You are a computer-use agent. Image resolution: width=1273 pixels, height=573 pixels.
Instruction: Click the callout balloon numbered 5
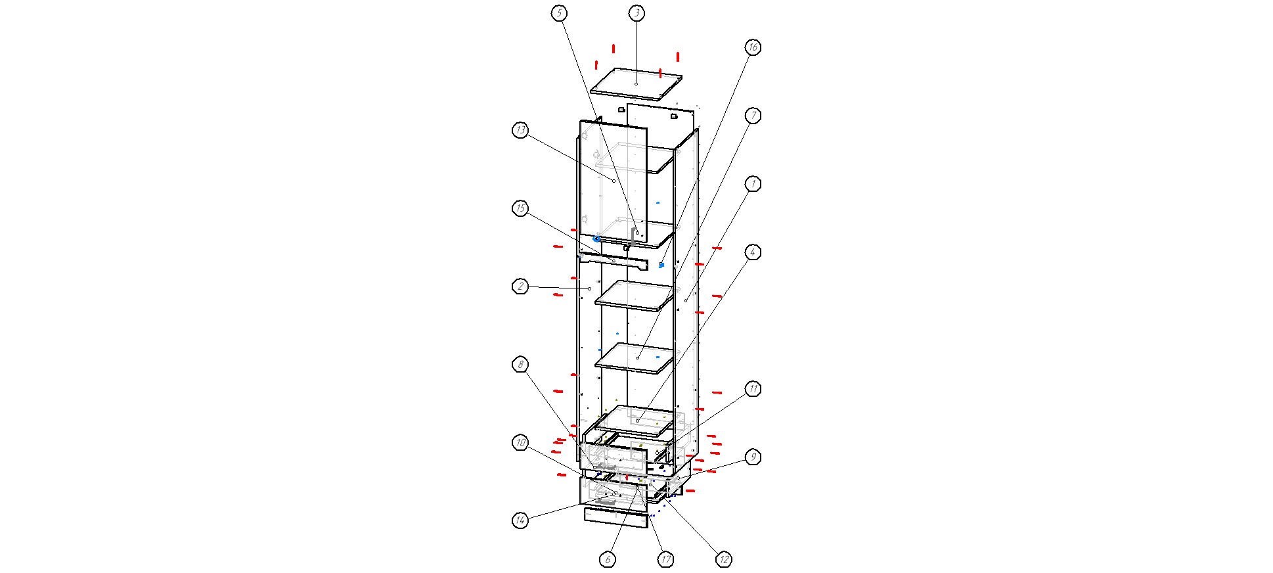click(559, 13)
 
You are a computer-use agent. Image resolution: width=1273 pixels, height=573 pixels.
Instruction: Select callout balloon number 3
click(636, 13)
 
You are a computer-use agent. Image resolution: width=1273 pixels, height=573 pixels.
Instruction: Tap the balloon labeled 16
click(753, 47)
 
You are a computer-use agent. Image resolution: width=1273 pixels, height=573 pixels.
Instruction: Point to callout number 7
click(753, 116)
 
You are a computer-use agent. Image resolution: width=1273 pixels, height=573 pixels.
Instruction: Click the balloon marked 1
click(753, 184)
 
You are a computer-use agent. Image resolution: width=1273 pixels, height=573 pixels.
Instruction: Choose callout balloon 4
click(753, 252)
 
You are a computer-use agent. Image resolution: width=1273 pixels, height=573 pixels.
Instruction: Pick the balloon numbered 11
click(753, 389)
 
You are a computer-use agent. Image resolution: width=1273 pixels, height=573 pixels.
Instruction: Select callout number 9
click(753, 457)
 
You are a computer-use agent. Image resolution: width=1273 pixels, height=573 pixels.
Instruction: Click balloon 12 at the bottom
click(723, 560)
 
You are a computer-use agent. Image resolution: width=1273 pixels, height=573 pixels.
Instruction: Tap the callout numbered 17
click(666, 560)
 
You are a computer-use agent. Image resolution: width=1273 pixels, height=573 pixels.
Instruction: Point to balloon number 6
click(608, 560)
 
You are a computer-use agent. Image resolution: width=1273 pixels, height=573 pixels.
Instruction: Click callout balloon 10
click(520, 444)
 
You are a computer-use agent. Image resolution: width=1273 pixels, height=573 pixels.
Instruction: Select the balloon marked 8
click(520, 365)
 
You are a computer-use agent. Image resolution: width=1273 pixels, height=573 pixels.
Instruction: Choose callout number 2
click(520, 286)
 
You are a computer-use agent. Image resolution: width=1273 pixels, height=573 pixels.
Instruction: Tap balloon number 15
click(520, 209)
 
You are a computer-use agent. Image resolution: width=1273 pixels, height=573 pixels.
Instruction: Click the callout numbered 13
click(520, 131)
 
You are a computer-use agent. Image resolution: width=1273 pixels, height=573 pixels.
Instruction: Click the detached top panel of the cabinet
click(636, 84)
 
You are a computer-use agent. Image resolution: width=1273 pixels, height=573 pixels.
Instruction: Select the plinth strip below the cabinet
click(615, 518)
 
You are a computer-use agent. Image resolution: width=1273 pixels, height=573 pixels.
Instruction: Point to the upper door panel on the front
click(613, 183)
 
